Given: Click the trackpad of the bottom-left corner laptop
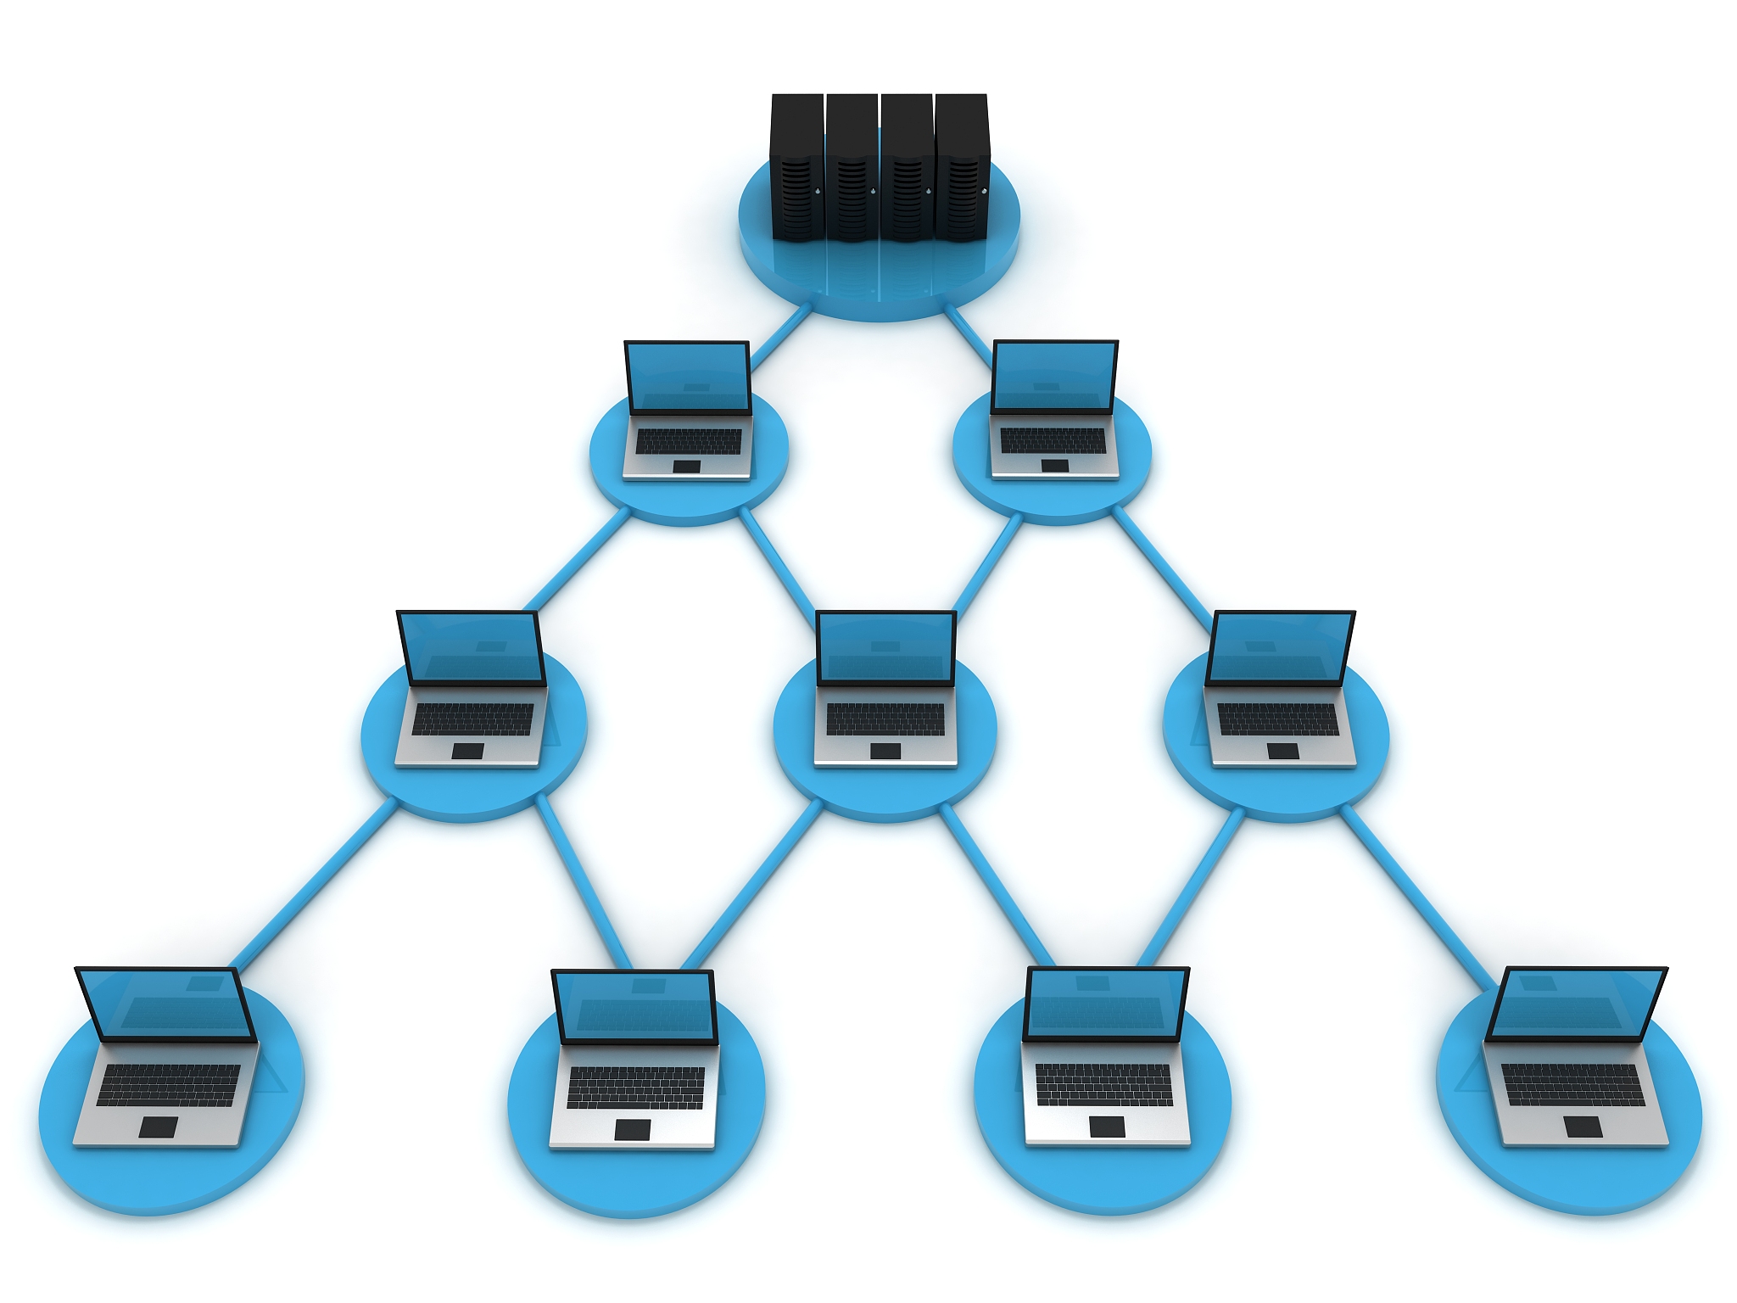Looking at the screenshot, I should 159,1127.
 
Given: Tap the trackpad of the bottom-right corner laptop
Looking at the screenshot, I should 1583,1127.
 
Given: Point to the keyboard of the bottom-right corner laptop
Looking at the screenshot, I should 1573,1085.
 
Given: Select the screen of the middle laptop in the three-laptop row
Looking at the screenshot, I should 885,648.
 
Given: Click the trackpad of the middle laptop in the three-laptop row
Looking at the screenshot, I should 885,751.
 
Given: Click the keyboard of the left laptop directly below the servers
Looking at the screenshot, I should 689,441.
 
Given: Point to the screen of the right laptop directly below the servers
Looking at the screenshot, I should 1054,377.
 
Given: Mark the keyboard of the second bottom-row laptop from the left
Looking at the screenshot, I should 636,1087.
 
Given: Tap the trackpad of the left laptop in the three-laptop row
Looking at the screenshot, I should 467,751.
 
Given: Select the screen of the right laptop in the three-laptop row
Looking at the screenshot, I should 1279,648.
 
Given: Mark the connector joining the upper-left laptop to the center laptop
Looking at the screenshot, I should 776,560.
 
